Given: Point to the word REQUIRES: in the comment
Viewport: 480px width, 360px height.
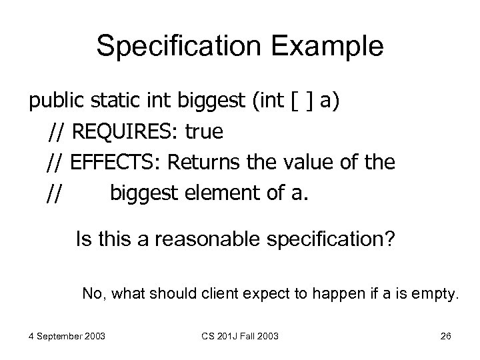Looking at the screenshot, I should click(x=125, y=132).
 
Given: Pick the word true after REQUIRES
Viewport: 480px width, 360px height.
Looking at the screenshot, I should click(x=204, y=132).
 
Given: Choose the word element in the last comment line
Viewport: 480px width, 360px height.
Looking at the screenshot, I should click(x=229, y=193).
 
